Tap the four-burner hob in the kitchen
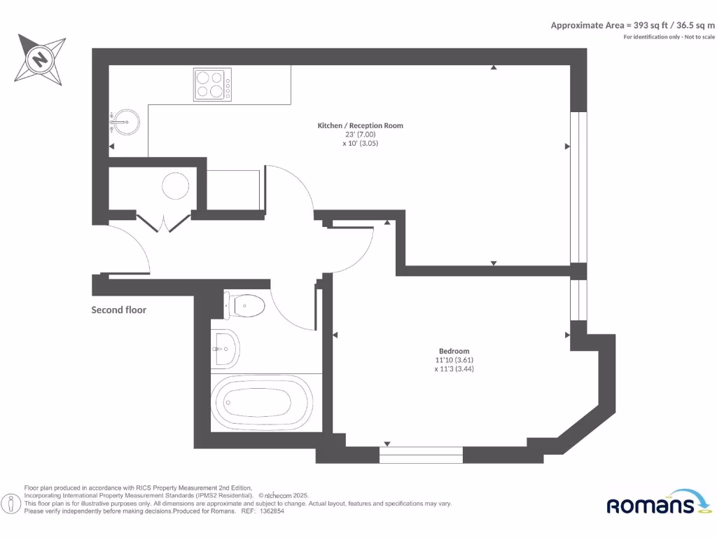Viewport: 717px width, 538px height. coord(212,85)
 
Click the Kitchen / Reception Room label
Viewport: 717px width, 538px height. coord(361,125)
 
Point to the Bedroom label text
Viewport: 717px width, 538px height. coord(454,351)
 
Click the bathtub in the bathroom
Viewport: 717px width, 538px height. coord(257,403)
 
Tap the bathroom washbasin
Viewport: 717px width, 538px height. coord(226,348)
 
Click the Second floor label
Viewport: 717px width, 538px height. coord(119,310)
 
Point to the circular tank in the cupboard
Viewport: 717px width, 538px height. coord(175,186)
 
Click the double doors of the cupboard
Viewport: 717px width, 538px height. coord(163,223)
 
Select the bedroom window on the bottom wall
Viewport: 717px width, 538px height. coord(421,455)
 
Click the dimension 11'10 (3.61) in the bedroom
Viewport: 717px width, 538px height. coord(454,360)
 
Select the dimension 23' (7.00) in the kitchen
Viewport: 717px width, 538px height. coord(361,134)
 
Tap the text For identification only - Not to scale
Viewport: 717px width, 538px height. coord(669,36)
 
